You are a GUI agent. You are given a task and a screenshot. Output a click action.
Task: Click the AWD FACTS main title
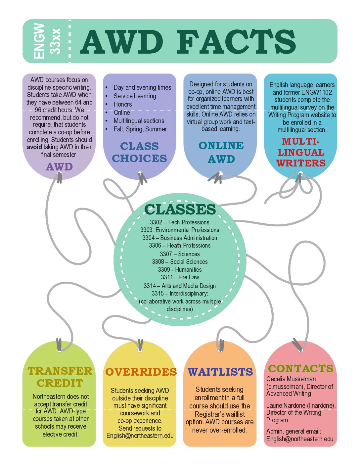[188, 42]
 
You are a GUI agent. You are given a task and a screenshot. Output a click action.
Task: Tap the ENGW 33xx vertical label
[47, 41]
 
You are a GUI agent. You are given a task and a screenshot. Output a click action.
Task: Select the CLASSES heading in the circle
[180, 209]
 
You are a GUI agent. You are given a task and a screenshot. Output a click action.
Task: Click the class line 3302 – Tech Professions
[180, 222]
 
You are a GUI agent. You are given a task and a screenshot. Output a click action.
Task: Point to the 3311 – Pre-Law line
[180, 277]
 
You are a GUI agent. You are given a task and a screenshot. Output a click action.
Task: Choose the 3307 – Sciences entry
[180, 254]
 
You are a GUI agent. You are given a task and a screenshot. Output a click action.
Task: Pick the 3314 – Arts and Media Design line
[180, 286]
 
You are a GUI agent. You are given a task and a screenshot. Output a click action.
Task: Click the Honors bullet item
[123, 104]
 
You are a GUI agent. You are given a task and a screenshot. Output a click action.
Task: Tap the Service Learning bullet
[135, 96]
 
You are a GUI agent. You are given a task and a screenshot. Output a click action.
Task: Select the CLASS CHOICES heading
[139, 152]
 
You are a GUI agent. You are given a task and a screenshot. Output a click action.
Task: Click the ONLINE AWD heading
[221, 152]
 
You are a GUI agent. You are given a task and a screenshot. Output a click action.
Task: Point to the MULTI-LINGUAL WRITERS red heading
[301, 152]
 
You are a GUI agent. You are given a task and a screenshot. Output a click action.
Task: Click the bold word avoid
[34, 147]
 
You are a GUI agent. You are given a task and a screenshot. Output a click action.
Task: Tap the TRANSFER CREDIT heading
[60, 377]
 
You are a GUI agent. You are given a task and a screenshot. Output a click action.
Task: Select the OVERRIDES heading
[141, 372]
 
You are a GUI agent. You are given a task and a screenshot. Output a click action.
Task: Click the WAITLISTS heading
[220, 372]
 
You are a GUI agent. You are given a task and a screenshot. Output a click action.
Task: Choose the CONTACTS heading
[300, 368]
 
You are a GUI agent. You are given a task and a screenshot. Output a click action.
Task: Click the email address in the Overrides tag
[140, 436]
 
